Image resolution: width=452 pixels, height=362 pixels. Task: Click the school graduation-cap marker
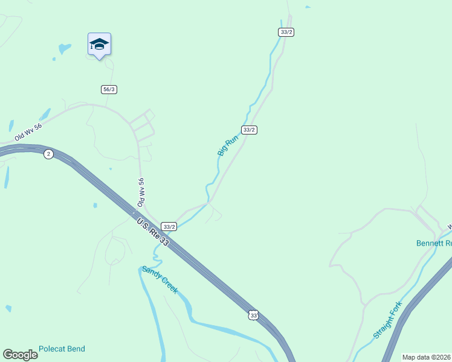coord(99,45)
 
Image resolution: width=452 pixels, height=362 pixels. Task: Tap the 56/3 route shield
coord(109,89)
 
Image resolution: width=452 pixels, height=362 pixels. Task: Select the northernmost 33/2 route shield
coord(286,32)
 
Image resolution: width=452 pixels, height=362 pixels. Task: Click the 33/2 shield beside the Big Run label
coord(250,130)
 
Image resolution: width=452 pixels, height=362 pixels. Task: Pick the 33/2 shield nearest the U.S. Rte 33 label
coord(169,227)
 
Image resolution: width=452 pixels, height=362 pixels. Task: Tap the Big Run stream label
coord(228,146)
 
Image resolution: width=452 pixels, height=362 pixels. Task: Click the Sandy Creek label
coord(160,280)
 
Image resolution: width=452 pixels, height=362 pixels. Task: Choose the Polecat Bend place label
coord(62,349)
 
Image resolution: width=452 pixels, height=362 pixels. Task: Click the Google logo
coord(20,354)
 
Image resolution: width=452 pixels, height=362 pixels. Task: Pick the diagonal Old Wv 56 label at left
coord(29,132)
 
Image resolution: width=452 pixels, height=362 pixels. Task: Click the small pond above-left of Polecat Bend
coord(8,308)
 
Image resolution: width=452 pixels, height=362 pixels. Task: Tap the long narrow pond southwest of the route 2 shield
coord(7,177)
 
